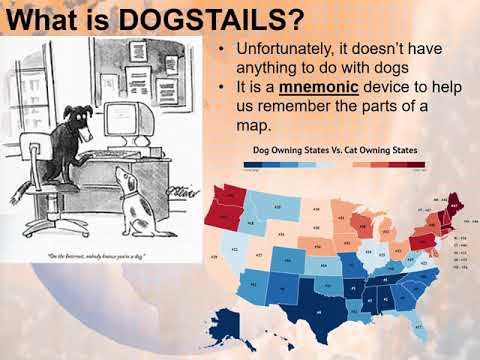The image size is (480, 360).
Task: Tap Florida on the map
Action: pyautogui.click(x=415, y=320)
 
